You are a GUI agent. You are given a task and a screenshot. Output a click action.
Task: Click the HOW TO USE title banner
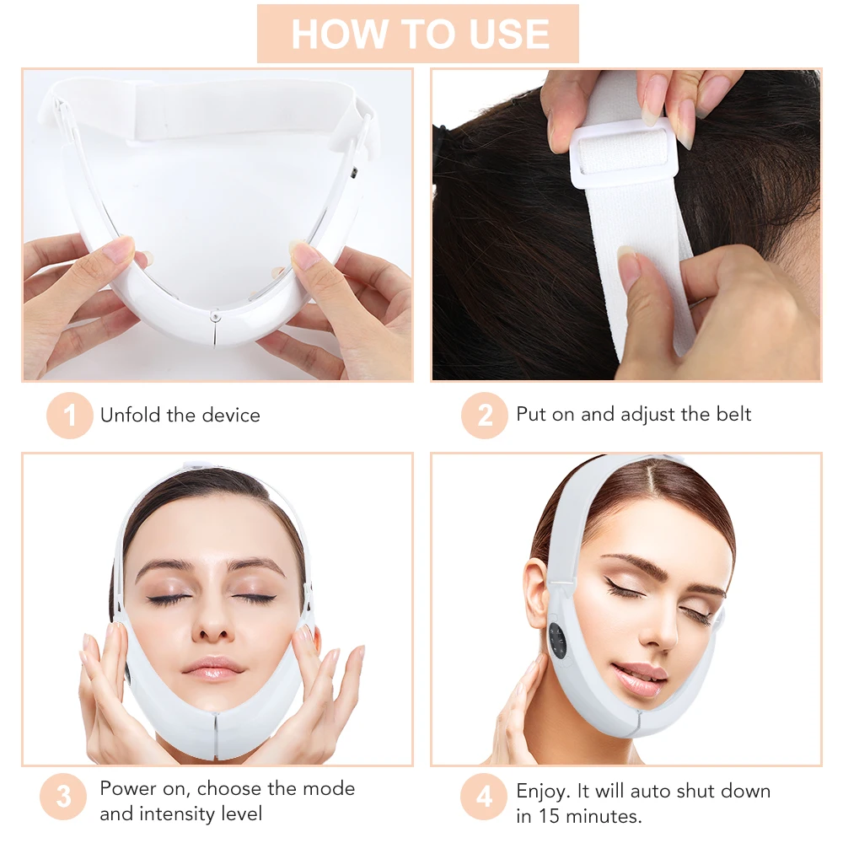pos(418,34)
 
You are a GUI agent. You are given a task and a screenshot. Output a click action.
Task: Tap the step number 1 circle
pos(69,416)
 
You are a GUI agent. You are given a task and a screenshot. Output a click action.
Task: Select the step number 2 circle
pos(485,416)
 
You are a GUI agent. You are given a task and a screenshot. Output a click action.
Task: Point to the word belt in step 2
pos(730,414)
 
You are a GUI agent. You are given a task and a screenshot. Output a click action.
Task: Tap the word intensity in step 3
pos(173,813)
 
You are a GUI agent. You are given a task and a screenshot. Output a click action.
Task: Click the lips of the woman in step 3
pos(214,668)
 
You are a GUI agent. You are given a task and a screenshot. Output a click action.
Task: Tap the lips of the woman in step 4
pos(641,675)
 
